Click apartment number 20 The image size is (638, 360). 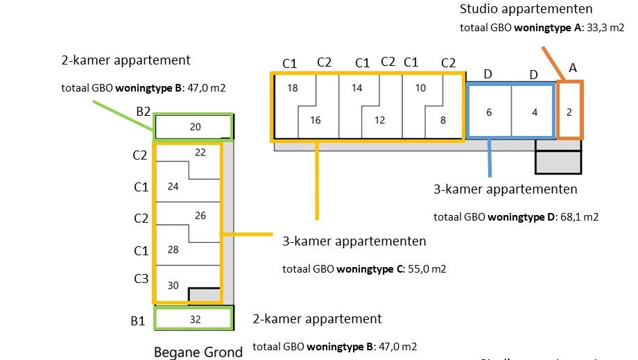(195, 127)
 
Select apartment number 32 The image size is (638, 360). (195, 320)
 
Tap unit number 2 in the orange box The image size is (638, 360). (569, 112)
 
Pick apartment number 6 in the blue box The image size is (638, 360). (489, 112)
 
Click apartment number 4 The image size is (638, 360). (534, 112)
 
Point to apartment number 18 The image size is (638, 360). (292, 88)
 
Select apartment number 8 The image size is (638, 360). (443, 120)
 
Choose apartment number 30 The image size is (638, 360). (173, 284)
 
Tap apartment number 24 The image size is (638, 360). (173, 186)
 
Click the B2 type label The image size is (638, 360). (144, 111)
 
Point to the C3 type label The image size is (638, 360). (141, 279)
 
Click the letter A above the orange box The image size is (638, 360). (573, 68)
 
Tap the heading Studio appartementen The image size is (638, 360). (526, 9)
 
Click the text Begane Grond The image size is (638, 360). (198, 352)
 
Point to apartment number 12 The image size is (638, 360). (379, 120)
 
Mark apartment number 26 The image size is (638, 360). (200, 216)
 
